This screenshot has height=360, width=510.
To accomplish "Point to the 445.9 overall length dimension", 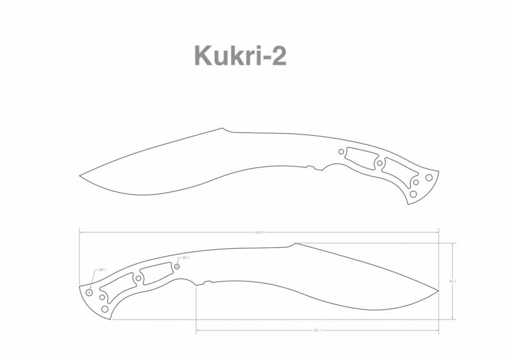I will click(259, 232).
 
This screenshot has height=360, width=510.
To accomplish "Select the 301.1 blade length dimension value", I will click(317, 330).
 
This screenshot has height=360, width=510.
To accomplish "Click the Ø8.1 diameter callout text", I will click(102, 270).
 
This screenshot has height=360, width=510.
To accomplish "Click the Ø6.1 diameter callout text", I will click(186, 258).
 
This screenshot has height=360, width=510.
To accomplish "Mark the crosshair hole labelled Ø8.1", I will click(89, 292).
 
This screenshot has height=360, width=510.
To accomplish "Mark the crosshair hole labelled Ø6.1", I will click(177, 266).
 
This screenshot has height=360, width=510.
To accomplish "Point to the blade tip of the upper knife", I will click(80, 175).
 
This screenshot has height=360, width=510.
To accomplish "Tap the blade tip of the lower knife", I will click(438, 291).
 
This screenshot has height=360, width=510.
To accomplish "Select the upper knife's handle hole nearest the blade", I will click(341, 151).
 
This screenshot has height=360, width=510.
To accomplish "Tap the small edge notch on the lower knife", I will click(207, 282).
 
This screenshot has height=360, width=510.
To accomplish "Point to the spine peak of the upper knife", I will click(223, 128).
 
